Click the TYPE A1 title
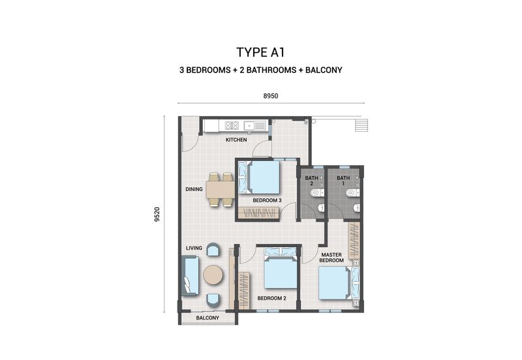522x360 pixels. point(261,52)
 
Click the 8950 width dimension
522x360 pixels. point(271,96)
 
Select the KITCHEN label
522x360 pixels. point(236,140)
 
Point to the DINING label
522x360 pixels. point(194,190)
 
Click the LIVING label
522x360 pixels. point(194,248)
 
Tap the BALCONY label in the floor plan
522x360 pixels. point(208,318)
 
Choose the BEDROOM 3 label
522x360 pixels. point(267,200)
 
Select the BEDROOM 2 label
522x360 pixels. point(271,298)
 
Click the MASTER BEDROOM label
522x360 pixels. point(331,257)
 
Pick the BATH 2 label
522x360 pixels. point(312,181)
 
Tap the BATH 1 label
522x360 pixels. point(343,181)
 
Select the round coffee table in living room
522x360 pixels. point(213,275)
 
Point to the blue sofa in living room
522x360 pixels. point(189,275)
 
